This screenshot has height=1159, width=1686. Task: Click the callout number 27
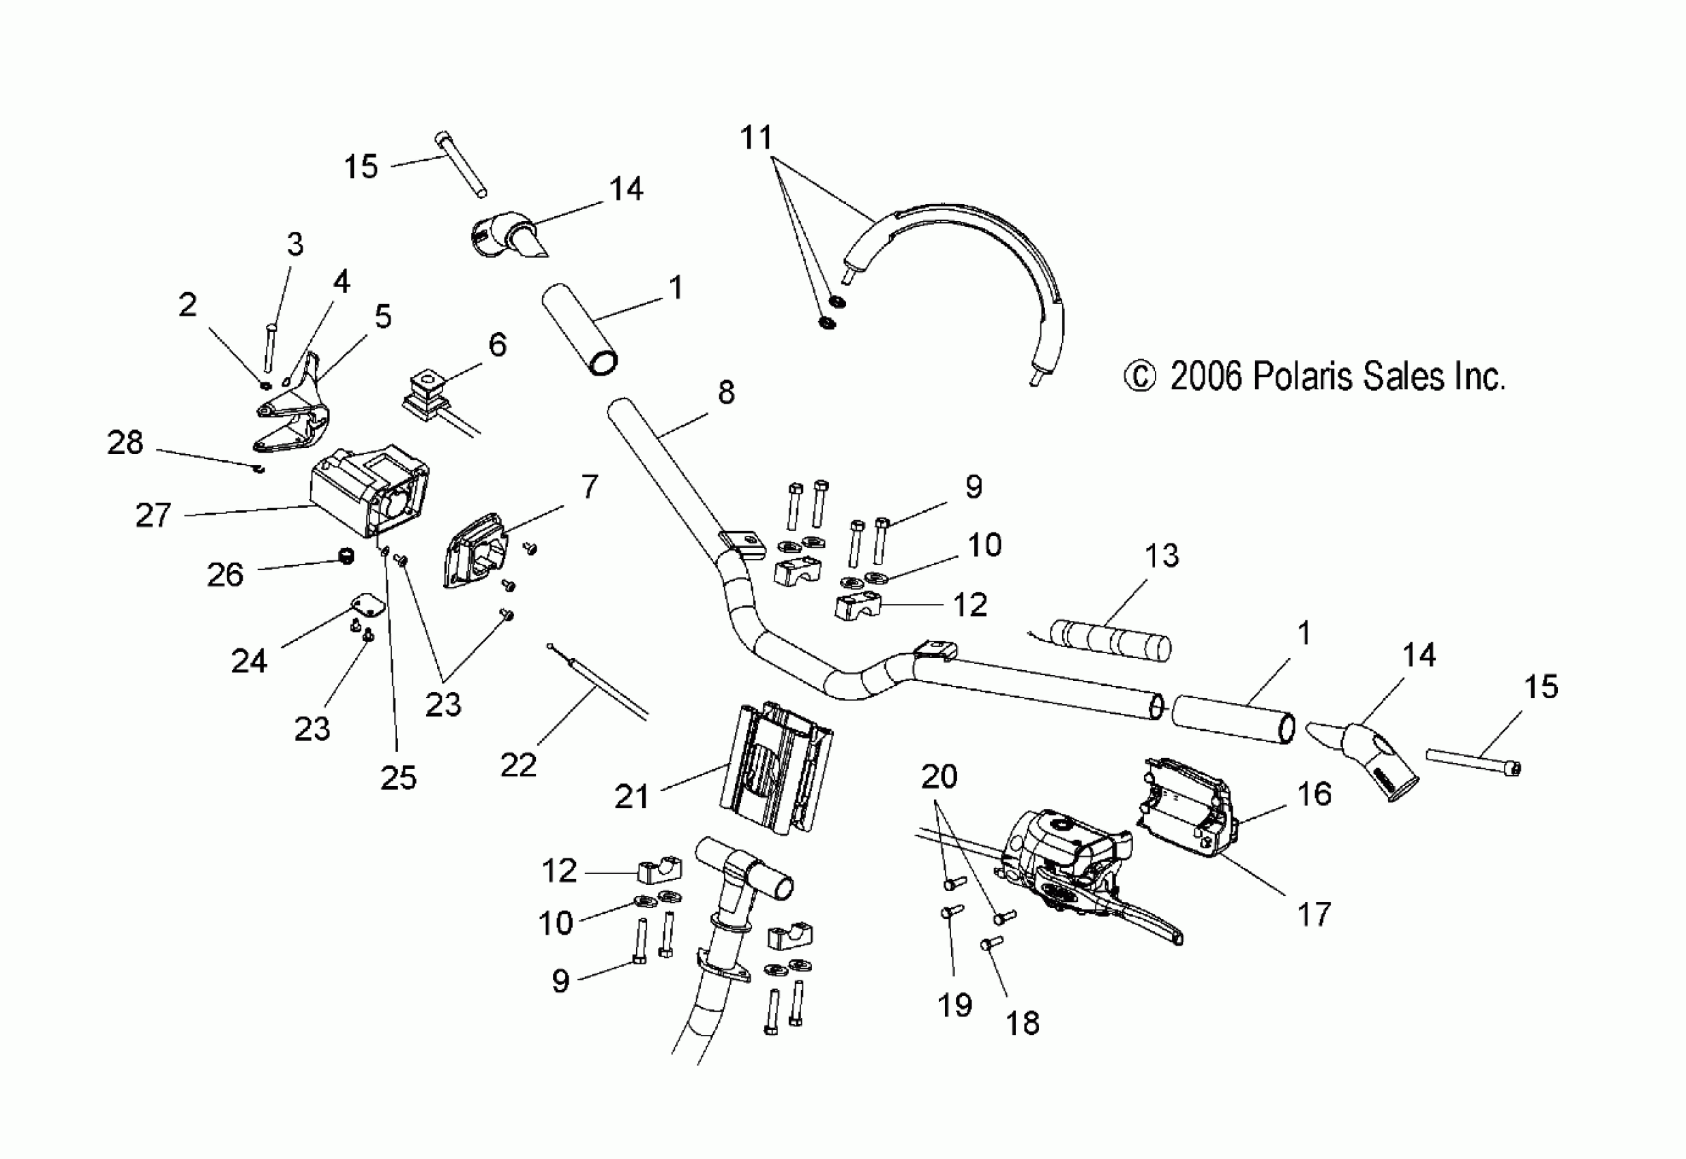[x=153, y=515]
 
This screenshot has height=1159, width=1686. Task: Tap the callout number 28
[x=125, y=442]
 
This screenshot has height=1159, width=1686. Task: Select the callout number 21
[x=631, y=796]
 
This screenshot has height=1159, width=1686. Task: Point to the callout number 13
[x=1161, y=556]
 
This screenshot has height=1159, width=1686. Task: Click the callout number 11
[x=756, y=137]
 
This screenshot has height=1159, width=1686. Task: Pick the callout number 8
[x=726, y=392]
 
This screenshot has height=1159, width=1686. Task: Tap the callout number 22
[x=517, y=765]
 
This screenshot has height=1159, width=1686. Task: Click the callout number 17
[x=1314, y=914]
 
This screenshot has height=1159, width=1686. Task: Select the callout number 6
[x=498, y=344]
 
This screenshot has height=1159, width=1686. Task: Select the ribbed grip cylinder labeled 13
[x=1111, y=639]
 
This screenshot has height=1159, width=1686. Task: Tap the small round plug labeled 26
[x=347, y=558]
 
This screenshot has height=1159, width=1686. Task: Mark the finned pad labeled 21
[x=775, y=770]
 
